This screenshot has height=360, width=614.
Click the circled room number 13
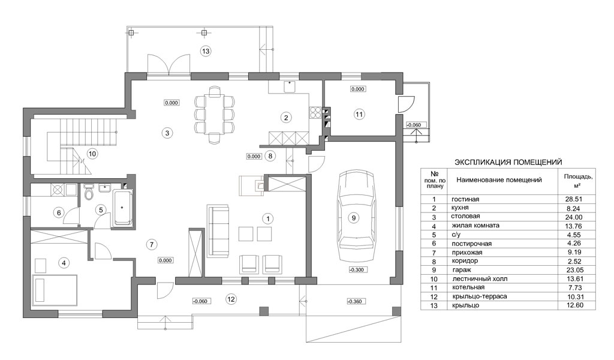(x=205, y=51)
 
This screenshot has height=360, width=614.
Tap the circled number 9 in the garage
(x=354, y=217)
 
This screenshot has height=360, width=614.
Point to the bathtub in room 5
(x=122, y=207)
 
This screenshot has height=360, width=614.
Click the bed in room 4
(x=55, y=289)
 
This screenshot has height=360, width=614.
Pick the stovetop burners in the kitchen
(x=315, y=112)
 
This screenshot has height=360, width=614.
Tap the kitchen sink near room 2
(x=290, y=86)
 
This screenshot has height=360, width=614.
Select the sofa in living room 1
(x=218, y=230)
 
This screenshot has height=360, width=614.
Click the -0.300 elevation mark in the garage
(x=357, y=270)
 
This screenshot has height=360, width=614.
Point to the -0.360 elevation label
(x=355, y=301)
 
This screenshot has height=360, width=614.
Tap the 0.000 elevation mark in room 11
(x=357, y=89)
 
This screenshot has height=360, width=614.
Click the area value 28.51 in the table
(x=574, y=199)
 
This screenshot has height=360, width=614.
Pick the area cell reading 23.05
(x=574, y=270)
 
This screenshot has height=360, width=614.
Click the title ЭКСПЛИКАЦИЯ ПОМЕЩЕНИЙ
(x=508, y=162)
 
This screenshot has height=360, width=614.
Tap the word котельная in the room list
(x=468, y=287)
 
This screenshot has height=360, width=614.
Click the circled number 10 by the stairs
(x=92, y=154)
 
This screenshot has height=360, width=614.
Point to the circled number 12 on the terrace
(x=231, y=299)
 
